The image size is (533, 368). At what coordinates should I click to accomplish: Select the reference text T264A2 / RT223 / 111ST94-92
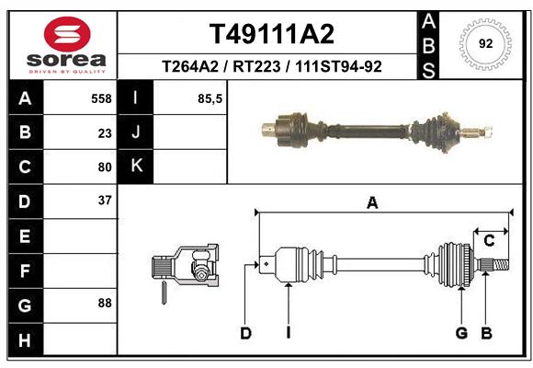pyautogui.click(x=272, y=66)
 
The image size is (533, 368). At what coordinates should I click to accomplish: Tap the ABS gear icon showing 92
pyautogui.click(x=483, y=42)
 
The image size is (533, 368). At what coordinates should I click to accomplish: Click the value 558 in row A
pyautogui.click(x=101, y=98)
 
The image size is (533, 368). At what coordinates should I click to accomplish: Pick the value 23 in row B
pyautogui.click(x=105, y=132)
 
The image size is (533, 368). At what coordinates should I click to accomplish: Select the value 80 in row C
pyautogui.click(x=105, y=167)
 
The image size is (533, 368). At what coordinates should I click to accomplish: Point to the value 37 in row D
pyautogui.click(x=105, y=200)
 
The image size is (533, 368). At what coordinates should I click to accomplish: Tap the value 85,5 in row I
pyautogui.click(x=210, y=98)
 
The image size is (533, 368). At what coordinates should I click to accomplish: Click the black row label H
pyautogui.click(x=25, y=341)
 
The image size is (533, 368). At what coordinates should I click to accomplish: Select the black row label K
pyautogui.click(x=136, y=167)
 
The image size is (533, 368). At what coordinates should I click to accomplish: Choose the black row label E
pyautogui.click(x=25, y=236)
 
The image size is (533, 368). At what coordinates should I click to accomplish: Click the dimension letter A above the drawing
pyautogui.click(x=372, y=203)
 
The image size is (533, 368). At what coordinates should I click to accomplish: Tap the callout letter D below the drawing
pyautogui.click(x=245, y=333)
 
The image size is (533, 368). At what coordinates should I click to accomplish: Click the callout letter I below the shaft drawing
pyautogui.click(x=288, y=333)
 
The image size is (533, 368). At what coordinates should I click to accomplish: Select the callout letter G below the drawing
pyautogui.click(x=461, y=333)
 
